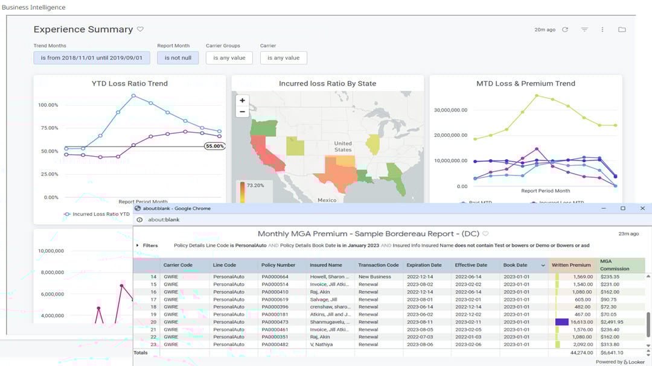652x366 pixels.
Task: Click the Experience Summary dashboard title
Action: coord(83,30)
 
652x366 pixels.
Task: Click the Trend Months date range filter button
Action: coord(92,58)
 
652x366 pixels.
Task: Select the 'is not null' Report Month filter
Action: coord(177,58)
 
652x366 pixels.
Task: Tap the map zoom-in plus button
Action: coord(242,101)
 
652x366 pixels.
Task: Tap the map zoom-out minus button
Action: coord(242,112)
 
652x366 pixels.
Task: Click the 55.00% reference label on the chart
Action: coord(214,146)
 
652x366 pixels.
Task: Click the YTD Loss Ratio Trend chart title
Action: coord(129,83)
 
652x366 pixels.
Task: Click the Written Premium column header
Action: coord(571,265)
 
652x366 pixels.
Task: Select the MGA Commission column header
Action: coord(615,265)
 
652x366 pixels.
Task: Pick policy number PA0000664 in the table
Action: coord(275,277)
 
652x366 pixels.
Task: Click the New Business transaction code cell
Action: coord(376,277)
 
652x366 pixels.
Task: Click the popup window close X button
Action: coord(642,208)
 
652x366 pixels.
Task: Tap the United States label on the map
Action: coord(343,147)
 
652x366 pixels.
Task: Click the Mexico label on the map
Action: coord(327,200)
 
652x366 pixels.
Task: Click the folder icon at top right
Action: coord(622,30)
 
